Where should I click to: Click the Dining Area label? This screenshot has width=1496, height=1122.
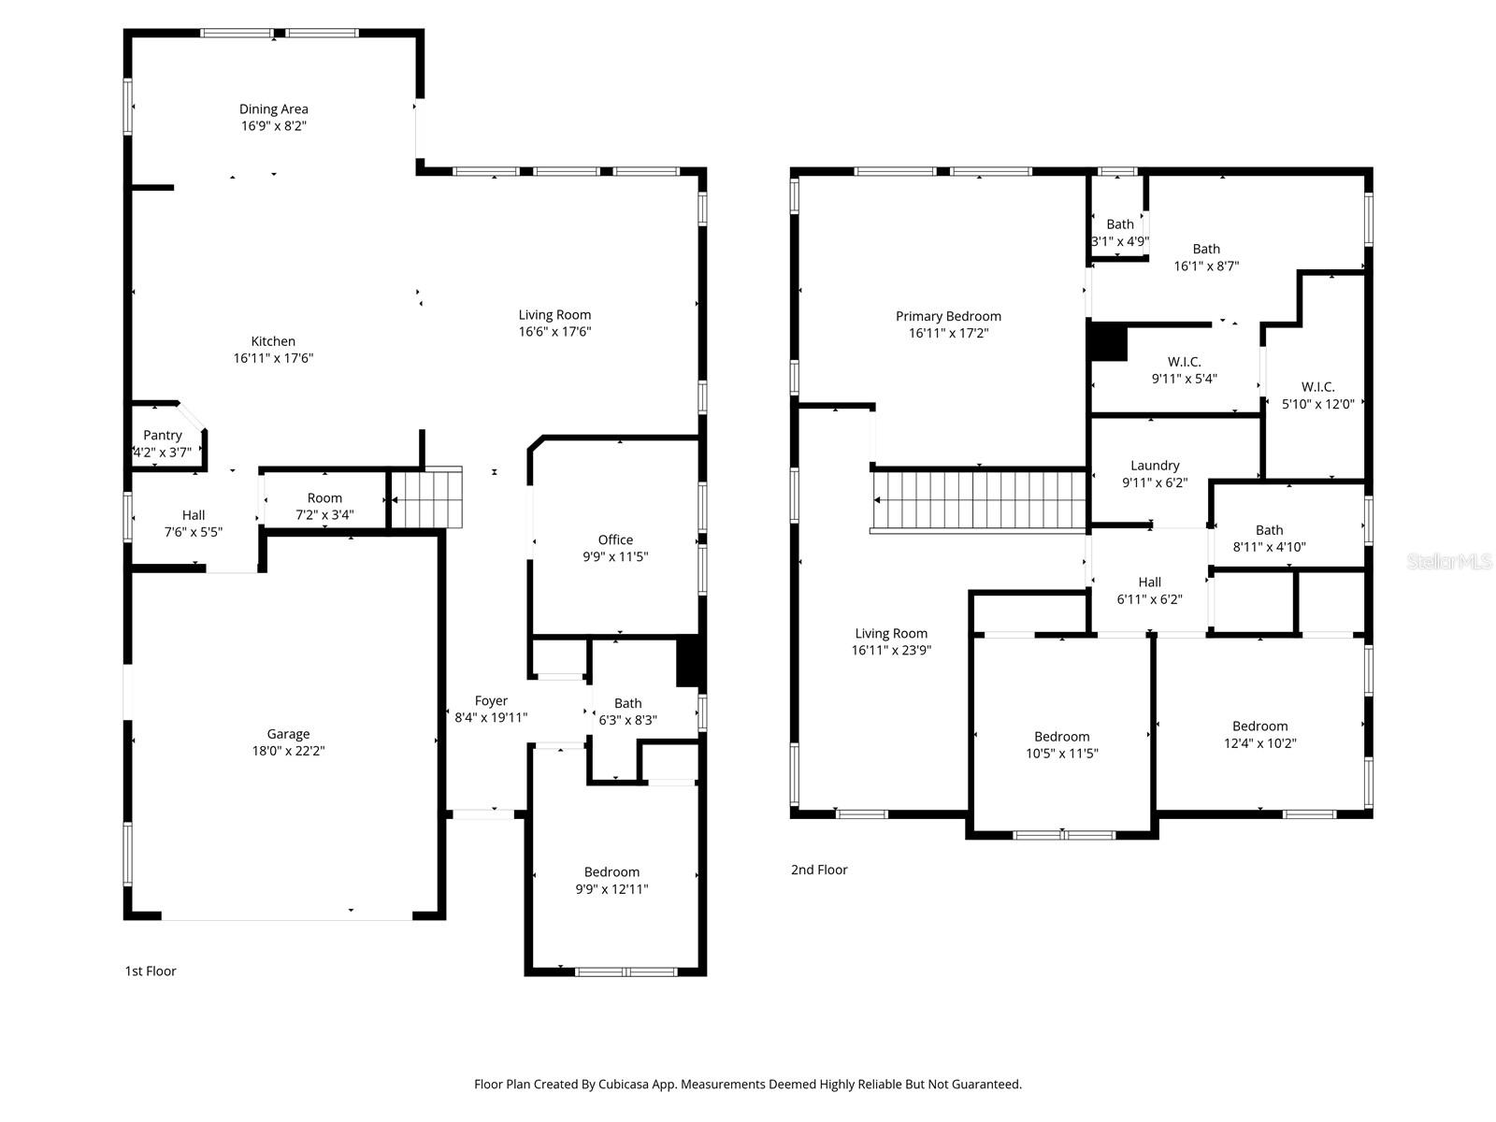pyautogui.click(x=273, y=109)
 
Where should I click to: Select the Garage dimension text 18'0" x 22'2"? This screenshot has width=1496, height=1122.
pyautogui.click(x=287, y=751)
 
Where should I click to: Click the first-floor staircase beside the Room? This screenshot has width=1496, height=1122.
pyautogui.click(x=427, y=497)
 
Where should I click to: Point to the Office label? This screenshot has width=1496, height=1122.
pyautogui.click(x=615, y=539)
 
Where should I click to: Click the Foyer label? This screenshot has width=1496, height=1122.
pyautogui.click(x=491, y=700)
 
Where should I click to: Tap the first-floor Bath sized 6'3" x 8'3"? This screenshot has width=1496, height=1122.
pyautogui.click(x=627, y=712)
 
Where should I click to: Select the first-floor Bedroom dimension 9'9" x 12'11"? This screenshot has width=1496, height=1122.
pyautogui.click(x=611, y=889)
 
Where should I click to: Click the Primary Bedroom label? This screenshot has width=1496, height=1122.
pyautogui.click(x=948, y=316)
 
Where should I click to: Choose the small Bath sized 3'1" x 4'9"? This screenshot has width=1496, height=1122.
pyautogui.click(x=1119, y=231)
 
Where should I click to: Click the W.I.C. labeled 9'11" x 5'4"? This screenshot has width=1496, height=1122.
pyautogui.click(x=1184, y=369)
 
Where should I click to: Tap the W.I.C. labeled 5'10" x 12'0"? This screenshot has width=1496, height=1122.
pyautogui.click(x=1317, y=395)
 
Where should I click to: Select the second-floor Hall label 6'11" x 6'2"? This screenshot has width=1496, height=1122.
pyautogui.click(x=1149, y=590)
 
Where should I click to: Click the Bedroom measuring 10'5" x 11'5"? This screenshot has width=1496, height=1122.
pyautogui.click(x=1061, y=744)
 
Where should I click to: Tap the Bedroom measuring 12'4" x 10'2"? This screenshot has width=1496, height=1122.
pyautogui.click(x=1259, y=734)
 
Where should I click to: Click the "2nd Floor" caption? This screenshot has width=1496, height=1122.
pyautogui.click(x=819, y=870)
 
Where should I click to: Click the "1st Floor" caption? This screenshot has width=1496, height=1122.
pyautogui.click(x=151, y=971)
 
